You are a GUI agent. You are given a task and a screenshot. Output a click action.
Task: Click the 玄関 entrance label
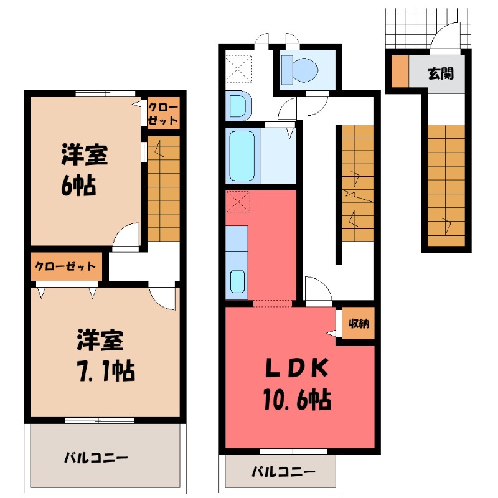tap(440, 73)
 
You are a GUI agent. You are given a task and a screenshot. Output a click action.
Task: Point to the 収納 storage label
tap(358, 324)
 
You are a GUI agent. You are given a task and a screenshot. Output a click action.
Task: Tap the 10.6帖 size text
tap(298, 398)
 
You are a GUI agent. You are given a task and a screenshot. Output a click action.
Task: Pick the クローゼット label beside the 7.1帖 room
tap(65, 266)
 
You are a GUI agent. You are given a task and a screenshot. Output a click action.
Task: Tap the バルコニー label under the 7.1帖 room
tap(96, 458)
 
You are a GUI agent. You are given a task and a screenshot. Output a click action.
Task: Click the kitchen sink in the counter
tap(237, 281)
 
